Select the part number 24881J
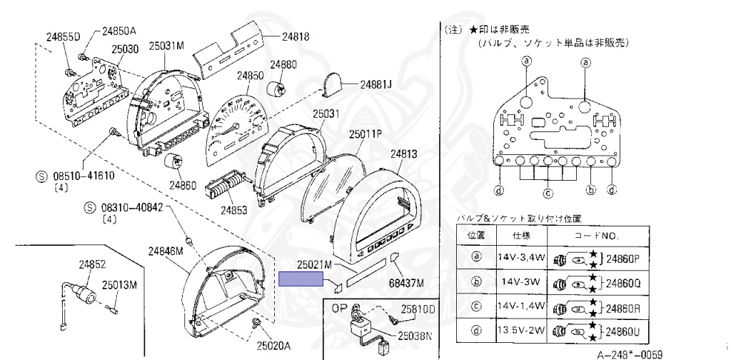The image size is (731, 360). [376, 84]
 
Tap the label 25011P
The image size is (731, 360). [365, 134]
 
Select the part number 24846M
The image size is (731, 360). [166, 251]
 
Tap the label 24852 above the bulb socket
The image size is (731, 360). [92, 264]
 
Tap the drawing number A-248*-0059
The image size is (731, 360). [630, 354]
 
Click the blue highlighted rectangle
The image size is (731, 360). [301, 279]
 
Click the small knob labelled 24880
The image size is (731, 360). [277, 89]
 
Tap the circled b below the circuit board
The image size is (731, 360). [590, 190]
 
